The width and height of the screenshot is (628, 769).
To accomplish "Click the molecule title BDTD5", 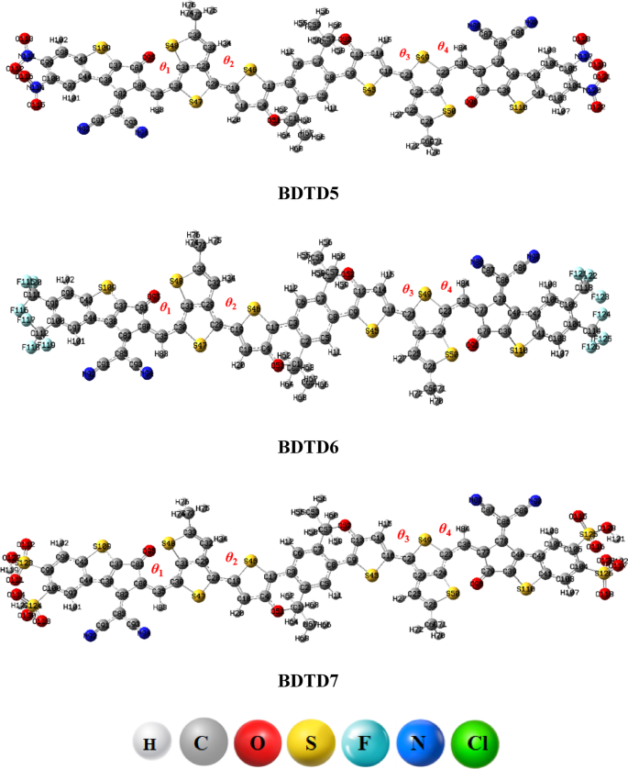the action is [313, 194].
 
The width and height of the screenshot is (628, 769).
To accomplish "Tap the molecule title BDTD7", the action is [313, 683].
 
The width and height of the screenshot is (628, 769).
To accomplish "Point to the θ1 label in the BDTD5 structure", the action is [165, 67].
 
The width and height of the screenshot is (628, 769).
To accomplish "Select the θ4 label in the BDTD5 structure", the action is [445, 46].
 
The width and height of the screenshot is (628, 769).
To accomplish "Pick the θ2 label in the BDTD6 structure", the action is [231, 304].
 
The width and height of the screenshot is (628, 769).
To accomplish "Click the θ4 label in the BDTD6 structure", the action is [446, 286].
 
